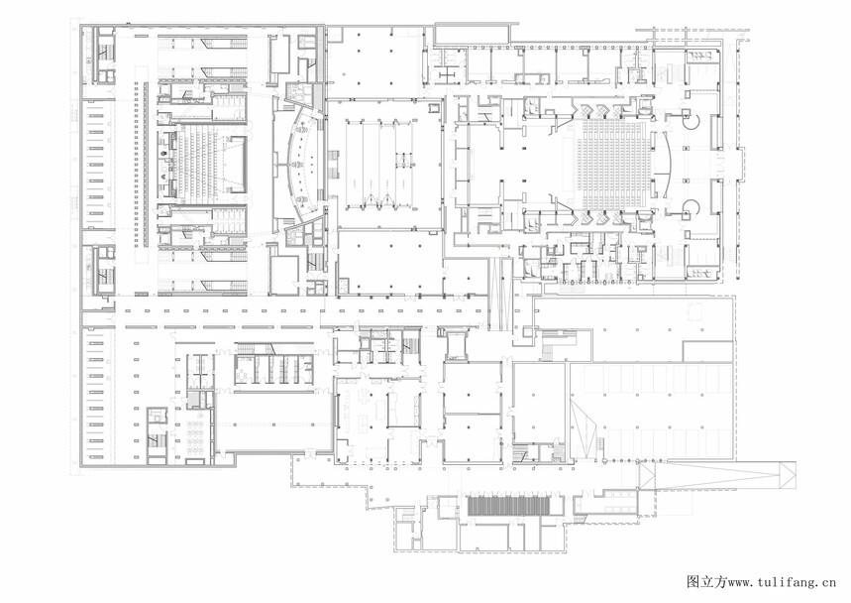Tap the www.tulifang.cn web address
click(x=782, y=582)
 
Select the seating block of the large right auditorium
click(x=615, y=166)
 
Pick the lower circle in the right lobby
click(x=691, y=208)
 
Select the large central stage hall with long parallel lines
click(x=385, y=164)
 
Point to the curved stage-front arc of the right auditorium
click(x=668, y=166)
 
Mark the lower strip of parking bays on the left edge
click(x=96, y=394)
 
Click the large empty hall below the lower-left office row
click(x=274, y=422)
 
